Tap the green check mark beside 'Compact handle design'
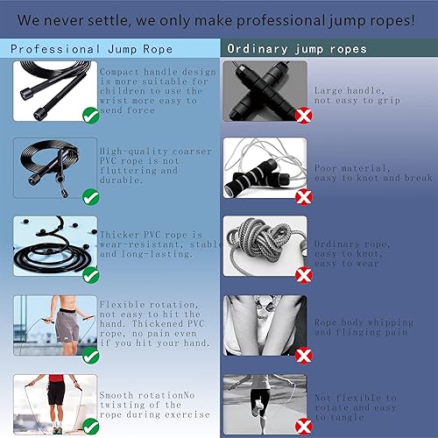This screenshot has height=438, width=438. point(89,115)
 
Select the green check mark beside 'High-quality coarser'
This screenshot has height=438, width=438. point(89,196)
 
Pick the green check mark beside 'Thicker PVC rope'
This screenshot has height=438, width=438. point(89,275)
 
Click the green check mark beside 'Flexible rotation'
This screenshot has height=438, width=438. point(89,355)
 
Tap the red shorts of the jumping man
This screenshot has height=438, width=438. point(56,388)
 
